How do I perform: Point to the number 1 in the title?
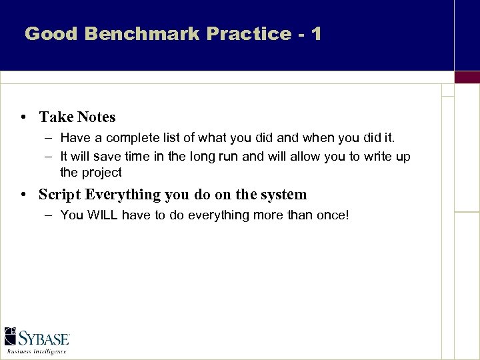coord(315,33)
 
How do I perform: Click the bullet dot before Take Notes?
coord(23,117)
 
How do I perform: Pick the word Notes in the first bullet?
coord(97,117)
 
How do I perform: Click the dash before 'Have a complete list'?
coord(50,139)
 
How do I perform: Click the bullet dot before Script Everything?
coord(23,195)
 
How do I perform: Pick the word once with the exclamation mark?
coord(332,215)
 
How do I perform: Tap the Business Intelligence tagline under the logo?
coord(37,351)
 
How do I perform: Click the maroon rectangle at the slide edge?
coord(467,77)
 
